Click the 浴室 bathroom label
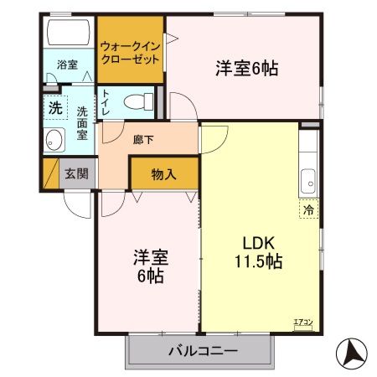[x=67, y=65]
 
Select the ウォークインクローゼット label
[x=129, y=54]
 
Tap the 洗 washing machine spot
[x=54, y=107]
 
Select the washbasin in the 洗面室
[x=54, y=140]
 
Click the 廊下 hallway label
[x=143, y=140]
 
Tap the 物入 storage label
[x=163, y=174]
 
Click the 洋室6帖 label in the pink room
[x=246, y=69]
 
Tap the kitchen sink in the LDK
[x=308, y=178]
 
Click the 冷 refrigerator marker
[x=308, y=211]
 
